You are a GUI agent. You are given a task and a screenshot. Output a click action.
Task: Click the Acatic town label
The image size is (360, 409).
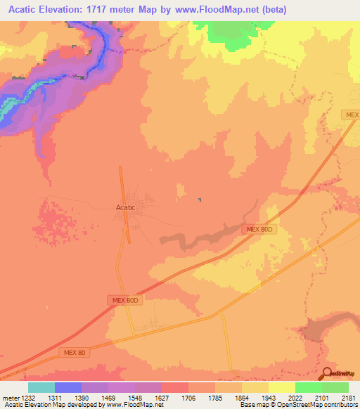(125, 207)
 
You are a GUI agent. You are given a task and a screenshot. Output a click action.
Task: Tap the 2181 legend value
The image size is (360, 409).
(348, 396)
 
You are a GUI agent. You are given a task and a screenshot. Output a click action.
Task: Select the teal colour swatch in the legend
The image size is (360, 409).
(41, 387)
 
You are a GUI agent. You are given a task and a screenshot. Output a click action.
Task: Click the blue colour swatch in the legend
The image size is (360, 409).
(68, 387)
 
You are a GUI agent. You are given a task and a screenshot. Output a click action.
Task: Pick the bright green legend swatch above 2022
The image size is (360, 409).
(308, 387)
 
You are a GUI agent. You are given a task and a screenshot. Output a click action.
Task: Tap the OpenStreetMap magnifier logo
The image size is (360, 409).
(328, 373)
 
